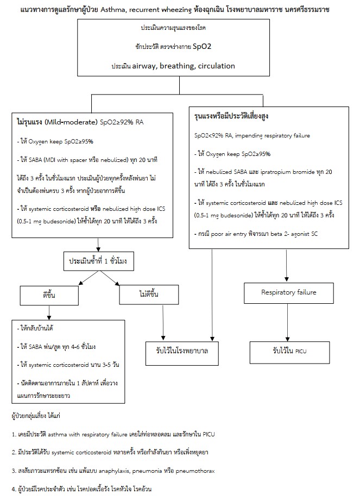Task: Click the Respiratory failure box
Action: [288, 293]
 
